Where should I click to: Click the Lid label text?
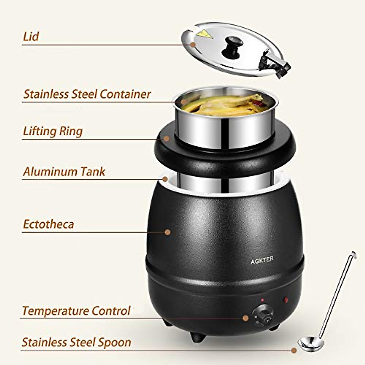point(31,36)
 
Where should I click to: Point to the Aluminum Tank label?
point(64,172)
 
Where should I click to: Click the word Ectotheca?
point(49,224)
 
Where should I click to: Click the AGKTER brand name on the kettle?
point(262,259)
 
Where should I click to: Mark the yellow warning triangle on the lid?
point(204,34)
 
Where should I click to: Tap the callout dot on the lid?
point(193,44)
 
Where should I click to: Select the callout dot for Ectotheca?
point(167,232)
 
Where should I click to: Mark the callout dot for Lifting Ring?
point(166,139)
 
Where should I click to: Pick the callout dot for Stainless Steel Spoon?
point(294,350)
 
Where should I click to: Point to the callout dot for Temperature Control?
point(245,318)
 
